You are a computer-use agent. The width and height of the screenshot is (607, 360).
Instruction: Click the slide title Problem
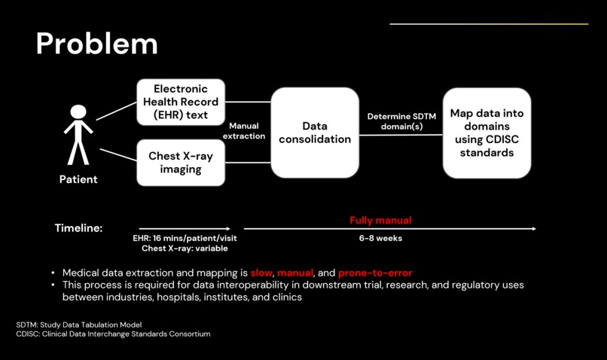click(x=96, y=44)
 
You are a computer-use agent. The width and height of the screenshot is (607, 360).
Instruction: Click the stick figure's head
click(x=78, y=112)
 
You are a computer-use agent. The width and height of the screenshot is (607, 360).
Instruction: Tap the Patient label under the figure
click(x=78, y=179)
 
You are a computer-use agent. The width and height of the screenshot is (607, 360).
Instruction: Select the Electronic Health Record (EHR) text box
click(x=181, y=102)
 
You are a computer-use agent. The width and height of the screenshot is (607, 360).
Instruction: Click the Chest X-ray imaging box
click(x=181, y=163)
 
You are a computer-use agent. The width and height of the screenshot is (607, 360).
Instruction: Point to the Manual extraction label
click(x=244, y=131)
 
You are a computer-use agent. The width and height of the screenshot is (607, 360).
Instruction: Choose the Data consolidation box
click(x=315, y=133)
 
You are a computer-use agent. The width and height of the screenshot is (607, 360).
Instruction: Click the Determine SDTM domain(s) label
click(x=401, y=121)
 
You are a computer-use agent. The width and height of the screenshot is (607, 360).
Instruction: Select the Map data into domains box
click(x=487, y=133)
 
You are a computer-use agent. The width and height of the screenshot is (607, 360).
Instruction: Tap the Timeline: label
click(x=78, y=228)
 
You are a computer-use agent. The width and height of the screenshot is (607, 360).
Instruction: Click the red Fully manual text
click(x=380, y=221)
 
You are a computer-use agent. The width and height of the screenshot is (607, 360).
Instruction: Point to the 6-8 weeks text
click(x=380, y=238)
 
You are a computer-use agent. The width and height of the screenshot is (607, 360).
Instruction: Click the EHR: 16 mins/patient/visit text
click(x=185, y=238)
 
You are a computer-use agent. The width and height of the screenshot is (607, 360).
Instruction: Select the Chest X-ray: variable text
click(x=185, y=248)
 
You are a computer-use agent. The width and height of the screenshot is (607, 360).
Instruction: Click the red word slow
click(x=261, y=273)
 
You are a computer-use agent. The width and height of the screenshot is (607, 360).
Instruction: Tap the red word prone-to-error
click(x=375, y=273)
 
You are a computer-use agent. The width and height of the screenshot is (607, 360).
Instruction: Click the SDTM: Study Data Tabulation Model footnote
click(x=79, y=325)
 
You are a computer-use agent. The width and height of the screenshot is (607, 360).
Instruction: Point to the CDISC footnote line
click(x=113, y=334)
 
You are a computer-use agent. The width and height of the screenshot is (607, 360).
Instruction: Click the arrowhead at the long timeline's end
click(x=534, y=228)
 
